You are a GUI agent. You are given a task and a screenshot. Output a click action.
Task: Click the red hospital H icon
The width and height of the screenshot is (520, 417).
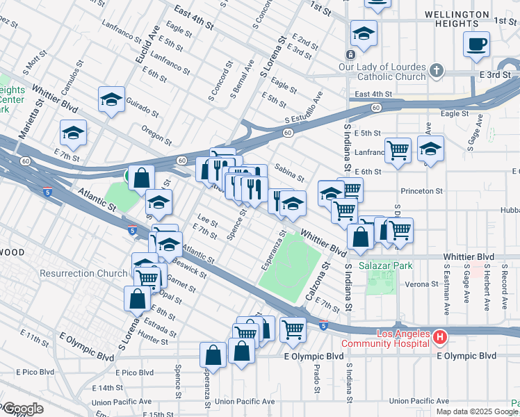(x=439, y=338)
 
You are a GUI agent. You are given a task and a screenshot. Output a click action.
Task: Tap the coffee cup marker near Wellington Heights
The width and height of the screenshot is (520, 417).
(x=476, y=45)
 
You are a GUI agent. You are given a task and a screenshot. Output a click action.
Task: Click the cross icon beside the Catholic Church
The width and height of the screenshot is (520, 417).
(x=436, y=70)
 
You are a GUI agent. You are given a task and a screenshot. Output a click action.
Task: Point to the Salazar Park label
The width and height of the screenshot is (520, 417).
(x=385, y=265)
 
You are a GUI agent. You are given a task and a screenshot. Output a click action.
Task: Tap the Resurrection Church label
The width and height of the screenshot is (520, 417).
(x=83, y=273)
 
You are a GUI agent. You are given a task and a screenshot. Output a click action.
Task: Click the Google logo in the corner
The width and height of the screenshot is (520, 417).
(x=22, y=409)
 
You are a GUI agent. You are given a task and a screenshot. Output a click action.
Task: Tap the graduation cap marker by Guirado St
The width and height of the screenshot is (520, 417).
(x=111, y=101)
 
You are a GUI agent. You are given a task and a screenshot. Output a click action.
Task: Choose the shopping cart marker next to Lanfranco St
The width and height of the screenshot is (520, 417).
(x=397, y=149)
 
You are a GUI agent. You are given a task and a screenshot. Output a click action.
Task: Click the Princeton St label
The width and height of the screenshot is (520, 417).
(x=421, y=190)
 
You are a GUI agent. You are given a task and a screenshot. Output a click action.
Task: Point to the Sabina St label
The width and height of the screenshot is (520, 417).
(x=289, y=172)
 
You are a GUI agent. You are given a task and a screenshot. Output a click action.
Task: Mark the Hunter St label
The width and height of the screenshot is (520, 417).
(x=153, y=337)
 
